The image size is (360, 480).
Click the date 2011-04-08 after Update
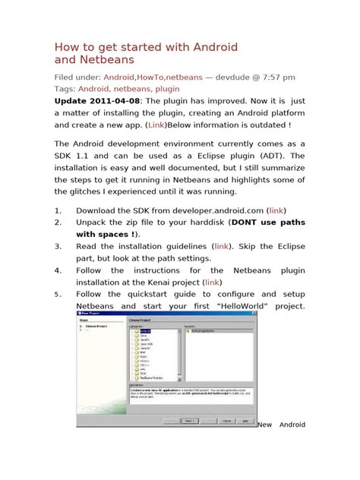click(125, 100)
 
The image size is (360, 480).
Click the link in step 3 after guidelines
click(222, 247)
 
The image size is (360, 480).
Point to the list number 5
click(57, 295)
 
